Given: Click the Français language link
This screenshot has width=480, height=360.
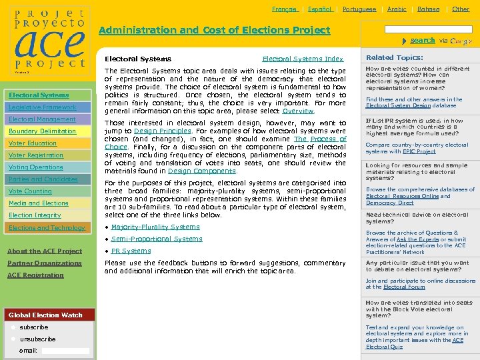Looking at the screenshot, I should click(285, 9).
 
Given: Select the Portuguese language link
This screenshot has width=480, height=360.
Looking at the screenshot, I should click(359, 9).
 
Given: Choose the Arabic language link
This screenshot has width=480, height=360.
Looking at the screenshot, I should click(397, 9).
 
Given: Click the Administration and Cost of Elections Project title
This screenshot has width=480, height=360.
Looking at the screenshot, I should click(214, 30).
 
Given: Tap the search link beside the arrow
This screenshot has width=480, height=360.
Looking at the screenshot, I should click(423, 41).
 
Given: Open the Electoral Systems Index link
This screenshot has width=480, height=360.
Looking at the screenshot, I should click(303, 59).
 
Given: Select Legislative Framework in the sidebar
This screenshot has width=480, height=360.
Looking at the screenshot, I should click(43, 107).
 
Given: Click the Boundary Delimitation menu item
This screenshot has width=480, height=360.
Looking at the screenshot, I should click(43, 131).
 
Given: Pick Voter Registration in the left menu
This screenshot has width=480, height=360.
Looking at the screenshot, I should click(36, 155).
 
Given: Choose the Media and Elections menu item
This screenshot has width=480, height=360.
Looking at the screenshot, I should click(39, 203).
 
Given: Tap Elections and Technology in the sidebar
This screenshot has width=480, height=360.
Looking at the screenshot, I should click(47, 227).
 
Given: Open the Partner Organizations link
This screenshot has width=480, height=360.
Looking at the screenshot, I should click(45, 263).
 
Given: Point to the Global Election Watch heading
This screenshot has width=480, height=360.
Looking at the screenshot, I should click(45, 315).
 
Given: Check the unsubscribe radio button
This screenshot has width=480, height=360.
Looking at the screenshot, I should click(13, 339).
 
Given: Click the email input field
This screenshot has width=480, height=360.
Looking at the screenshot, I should click(65, 351).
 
